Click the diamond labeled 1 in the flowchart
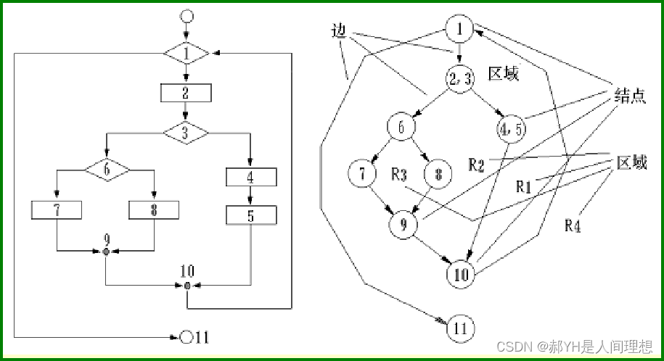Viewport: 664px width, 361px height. (187, 54)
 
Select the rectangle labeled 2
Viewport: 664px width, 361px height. (186, 92)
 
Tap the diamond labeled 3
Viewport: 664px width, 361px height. (186, 133)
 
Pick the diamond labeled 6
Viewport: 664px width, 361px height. (107, 170)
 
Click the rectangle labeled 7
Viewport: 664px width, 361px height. (57, 209)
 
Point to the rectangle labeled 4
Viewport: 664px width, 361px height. (251, 176)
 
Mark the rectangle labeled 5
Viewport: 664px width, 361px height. (251, 215)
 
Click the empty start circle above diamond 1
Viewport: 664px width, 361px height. (187, 16)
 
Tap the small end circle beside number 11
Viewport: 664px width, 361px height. (187, 337)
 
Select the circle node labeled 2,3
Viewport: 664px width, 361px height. (460, 79)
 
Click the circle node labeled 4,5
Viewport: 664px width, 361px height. (511, 128)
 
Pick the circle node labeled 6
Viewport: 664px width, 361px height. (400, 128)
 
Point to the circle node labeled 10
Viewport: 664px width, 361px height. (461, 275)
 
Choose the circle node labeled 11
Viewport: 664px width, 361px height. (460, 328)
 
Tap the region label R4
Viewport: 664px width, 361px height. (573, 225)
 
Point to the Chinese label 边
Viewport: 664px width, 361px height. (337, 30)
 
